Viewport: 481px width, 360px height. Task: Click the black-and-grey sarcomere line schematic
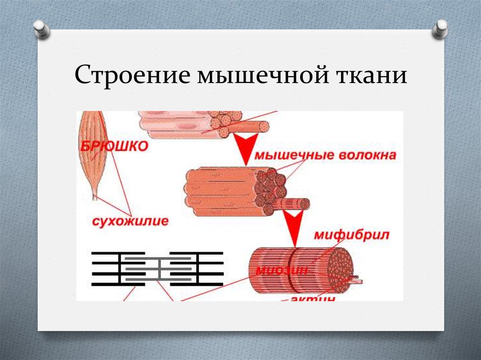click(x=157, y=268)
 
